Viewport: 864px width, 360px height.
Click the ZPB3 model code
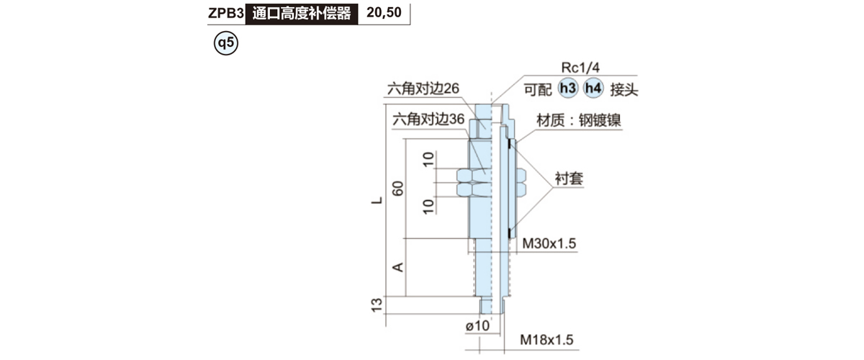[226, 13]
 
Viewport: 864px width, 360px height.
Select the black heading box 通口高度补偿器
[302, 14]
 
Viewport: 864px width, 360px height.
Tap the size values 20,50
[384, 13]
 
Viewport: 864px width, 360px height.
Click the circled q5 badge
[226, 42]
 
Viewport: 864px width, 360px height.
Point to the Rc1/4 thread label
[580, 68]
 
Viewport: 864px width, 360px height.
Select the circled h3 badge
[568, 89]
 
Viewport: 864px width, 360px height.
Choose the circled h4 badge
[593, 89]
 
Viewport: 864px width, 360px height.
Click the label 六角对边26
[423, 89]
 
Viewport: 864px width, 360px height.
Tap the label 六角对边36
[428, 120]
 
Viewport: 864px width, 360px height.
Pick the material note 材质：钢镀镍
[579, 120]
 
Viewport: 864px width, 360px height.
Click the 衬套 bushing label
[569, 179]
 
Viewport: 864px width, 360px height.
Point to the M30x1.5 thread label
[549, 243]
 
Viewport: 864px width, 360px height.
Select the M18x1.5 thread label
[546, 340]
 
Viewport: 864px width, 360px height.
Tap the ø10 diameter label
[477, 326]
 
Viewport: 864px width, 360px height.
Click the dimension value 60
[397, 189]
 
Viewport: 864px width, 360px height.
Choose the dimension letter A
[397, 267]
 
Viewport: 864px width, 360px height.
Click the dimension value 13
[377, 305]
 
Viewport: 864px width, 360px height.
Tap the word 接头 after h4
[624, 90]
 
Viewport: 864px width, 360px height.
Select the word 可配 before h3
[538, 90]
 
